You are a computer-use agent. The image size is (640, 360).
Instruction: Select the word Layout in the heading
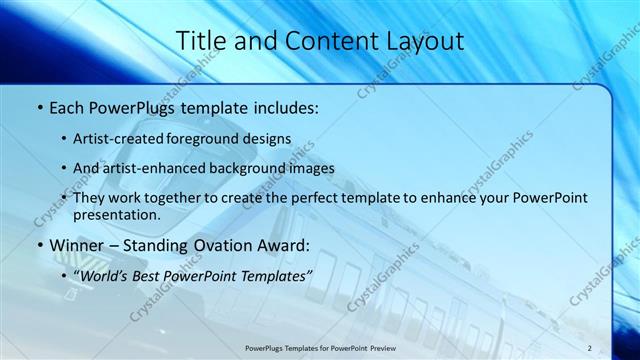coord(427,41)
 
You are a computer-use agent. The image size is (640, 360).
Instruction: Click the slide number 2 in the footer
coord(589,347)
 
